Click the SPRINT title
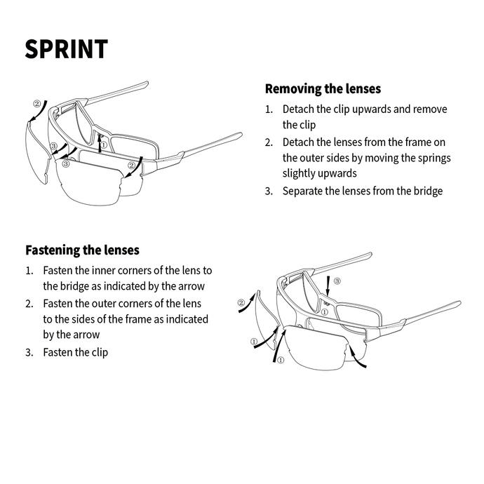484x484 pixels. [x=67, y=49]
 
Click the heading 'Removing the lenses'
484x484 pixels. [x=323, y=89]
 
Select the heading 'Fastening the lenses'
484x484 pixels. [x=82, y=250]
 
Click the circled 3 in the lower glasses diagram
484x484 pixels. [x=337, y=281]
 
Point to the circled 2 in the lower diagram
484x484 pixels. [x=241, y=304]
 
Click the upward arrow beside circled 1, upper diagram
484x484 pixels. [x=100, y=141]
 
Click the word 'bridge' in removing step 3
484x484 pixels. [x=425, y=191]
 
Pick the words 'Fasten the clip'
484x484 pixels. [x=76, y=352]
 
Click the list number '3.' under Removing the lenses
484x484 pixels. [x=269, y=191]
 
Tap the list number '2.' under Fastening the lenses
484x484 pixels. [x=29, y=303]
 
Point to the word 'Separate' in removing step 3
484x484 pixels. [x=304, y=191]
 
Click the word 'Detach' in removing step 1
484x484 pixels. [x=298, y=109]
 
